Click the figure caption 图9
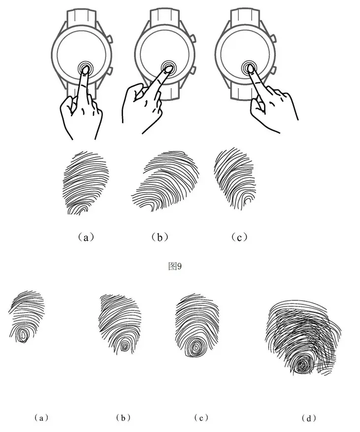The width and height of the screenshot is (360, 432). coord(175,266)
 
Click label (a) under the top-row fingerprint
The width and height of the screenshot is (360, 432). coord(86,237)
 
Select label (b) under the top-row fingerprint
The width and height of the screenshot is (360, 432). coord(160,237)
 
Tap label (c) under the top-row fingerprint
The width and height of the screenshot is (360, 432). coord(239,237)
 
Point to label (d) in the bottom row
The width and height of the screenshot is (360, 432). coord(309,418)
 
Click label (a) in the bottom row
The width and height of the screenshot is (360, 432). coord(41,418)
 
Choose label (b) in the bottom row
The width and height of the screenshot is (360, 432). coord(123,418)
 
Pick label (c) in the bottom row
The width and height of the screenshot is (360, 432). coord(201,418)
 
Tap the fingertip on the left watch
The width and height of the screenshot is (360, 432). coord(85,70)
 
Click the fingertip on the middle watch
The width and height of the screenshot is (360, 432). coord(168,69)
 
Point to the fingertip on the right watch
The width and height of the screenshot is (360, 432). coord(250,68)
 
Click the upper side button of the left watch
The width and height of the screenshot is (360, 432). coord(110,38)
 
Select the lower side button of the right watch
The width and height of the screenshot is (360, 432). coord(273,70)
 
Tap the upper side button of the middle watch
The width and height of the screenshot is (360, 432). coord(193,38)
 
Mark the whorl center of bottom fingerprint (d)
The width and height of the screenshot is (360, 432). coord(302,366)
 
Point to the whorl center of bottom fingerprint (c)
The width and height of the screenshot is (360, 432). coord(196,348)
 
